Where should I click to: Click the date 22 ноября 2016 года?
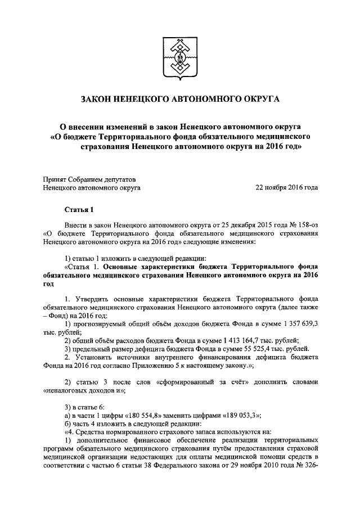[287, 187]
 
